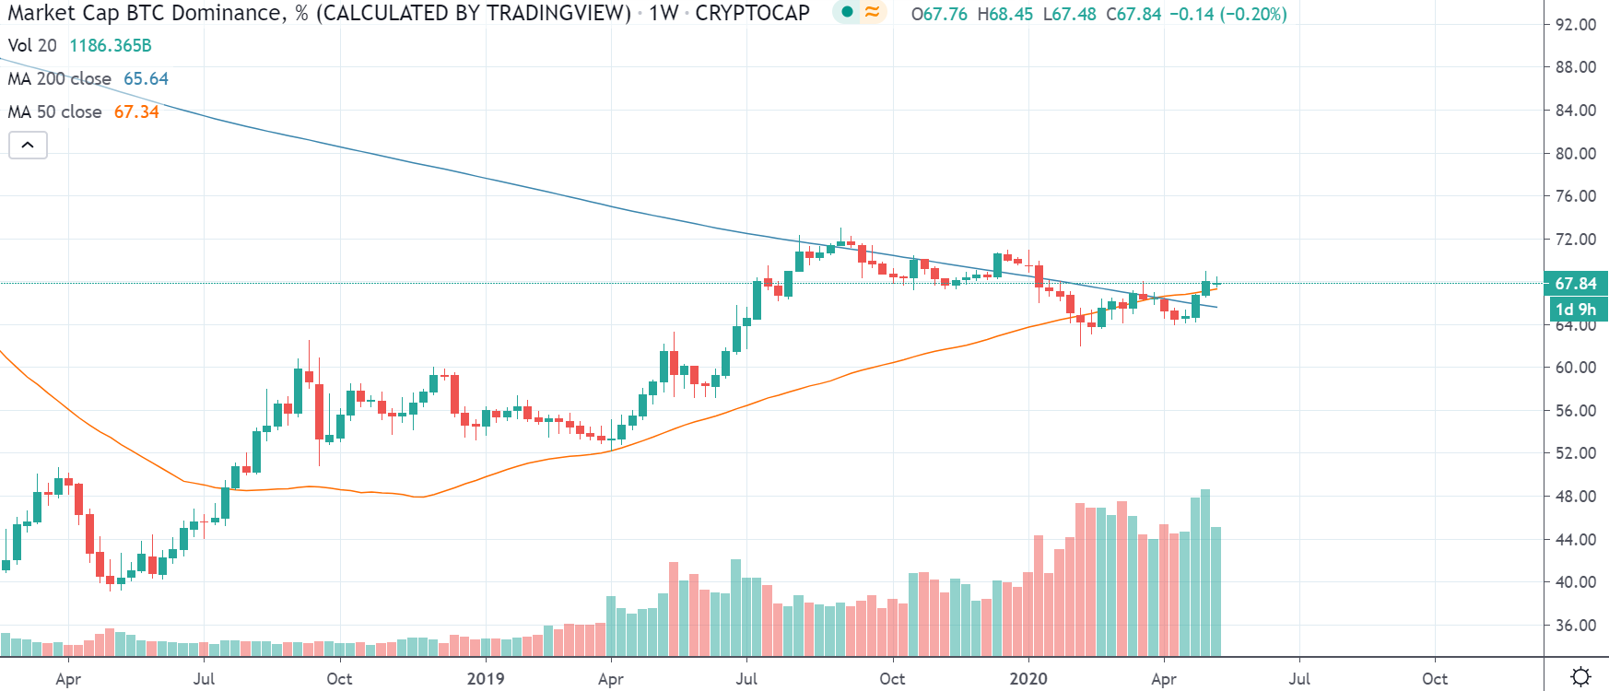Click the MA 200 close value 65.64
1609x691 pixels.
click(146, 79)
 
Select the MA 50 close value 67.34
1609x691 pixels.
click(136, 112)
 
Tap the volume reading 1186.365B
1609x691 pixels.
click(111, 46)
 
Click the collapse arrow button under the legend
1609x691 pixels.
click(28, 145)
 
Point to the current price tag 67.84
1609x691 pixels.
click(1575, 284)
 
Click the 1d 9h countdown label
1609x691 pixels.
click(1575, 310)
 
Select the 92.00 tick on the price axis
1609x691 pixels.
click(1575, 25)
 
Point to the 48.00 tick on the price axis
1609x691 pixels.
click(1575, 497)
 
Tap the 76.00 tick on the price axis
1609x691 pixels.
click(1575, 196)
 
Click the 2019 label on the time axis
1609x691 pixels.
click(486, 679)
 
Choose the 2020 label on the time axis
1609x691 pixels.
click(1028, 679)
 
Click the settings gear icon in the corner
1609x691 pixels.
click(1580, 677)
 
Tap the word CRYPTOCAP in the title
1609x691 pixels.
click(752, 13)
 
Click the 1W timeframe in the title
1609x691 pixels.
click(664, 13)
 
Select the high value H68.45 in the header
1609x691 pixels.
click(1005, 15)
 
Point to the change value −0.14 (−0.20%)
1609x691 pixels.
click(1227, 15)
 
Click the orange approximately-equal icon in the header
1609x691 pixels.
click(872, 12)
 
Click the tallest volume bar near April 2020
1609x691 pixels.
click(1205, 571)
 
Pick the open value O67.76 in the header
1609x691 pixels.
click(939, 15)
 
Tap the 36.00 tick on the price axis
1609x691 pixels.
click(1575, 626)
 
